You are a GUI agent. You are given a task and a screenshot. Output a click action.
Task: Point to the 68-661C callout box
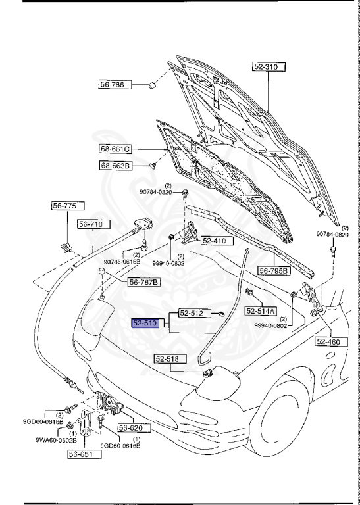116,149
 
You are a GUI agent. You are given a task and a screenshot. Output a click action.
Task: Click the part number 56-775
64,206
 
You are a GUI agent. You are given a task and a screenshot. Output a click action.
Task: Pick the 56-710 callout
91,224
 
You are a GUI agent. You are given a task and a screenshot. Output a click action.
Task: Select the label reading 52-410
214,241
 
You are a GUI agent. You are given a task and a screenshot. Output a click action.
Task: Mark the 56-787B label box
144,282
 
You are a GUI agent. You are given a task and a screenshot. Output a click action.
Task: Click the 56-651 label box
83,454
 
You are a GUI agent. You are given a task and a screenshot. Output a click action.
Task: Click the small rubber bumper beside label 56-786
151,84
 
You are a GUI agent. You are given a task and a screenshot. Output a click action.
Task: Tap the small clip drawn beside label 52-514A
249,291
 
